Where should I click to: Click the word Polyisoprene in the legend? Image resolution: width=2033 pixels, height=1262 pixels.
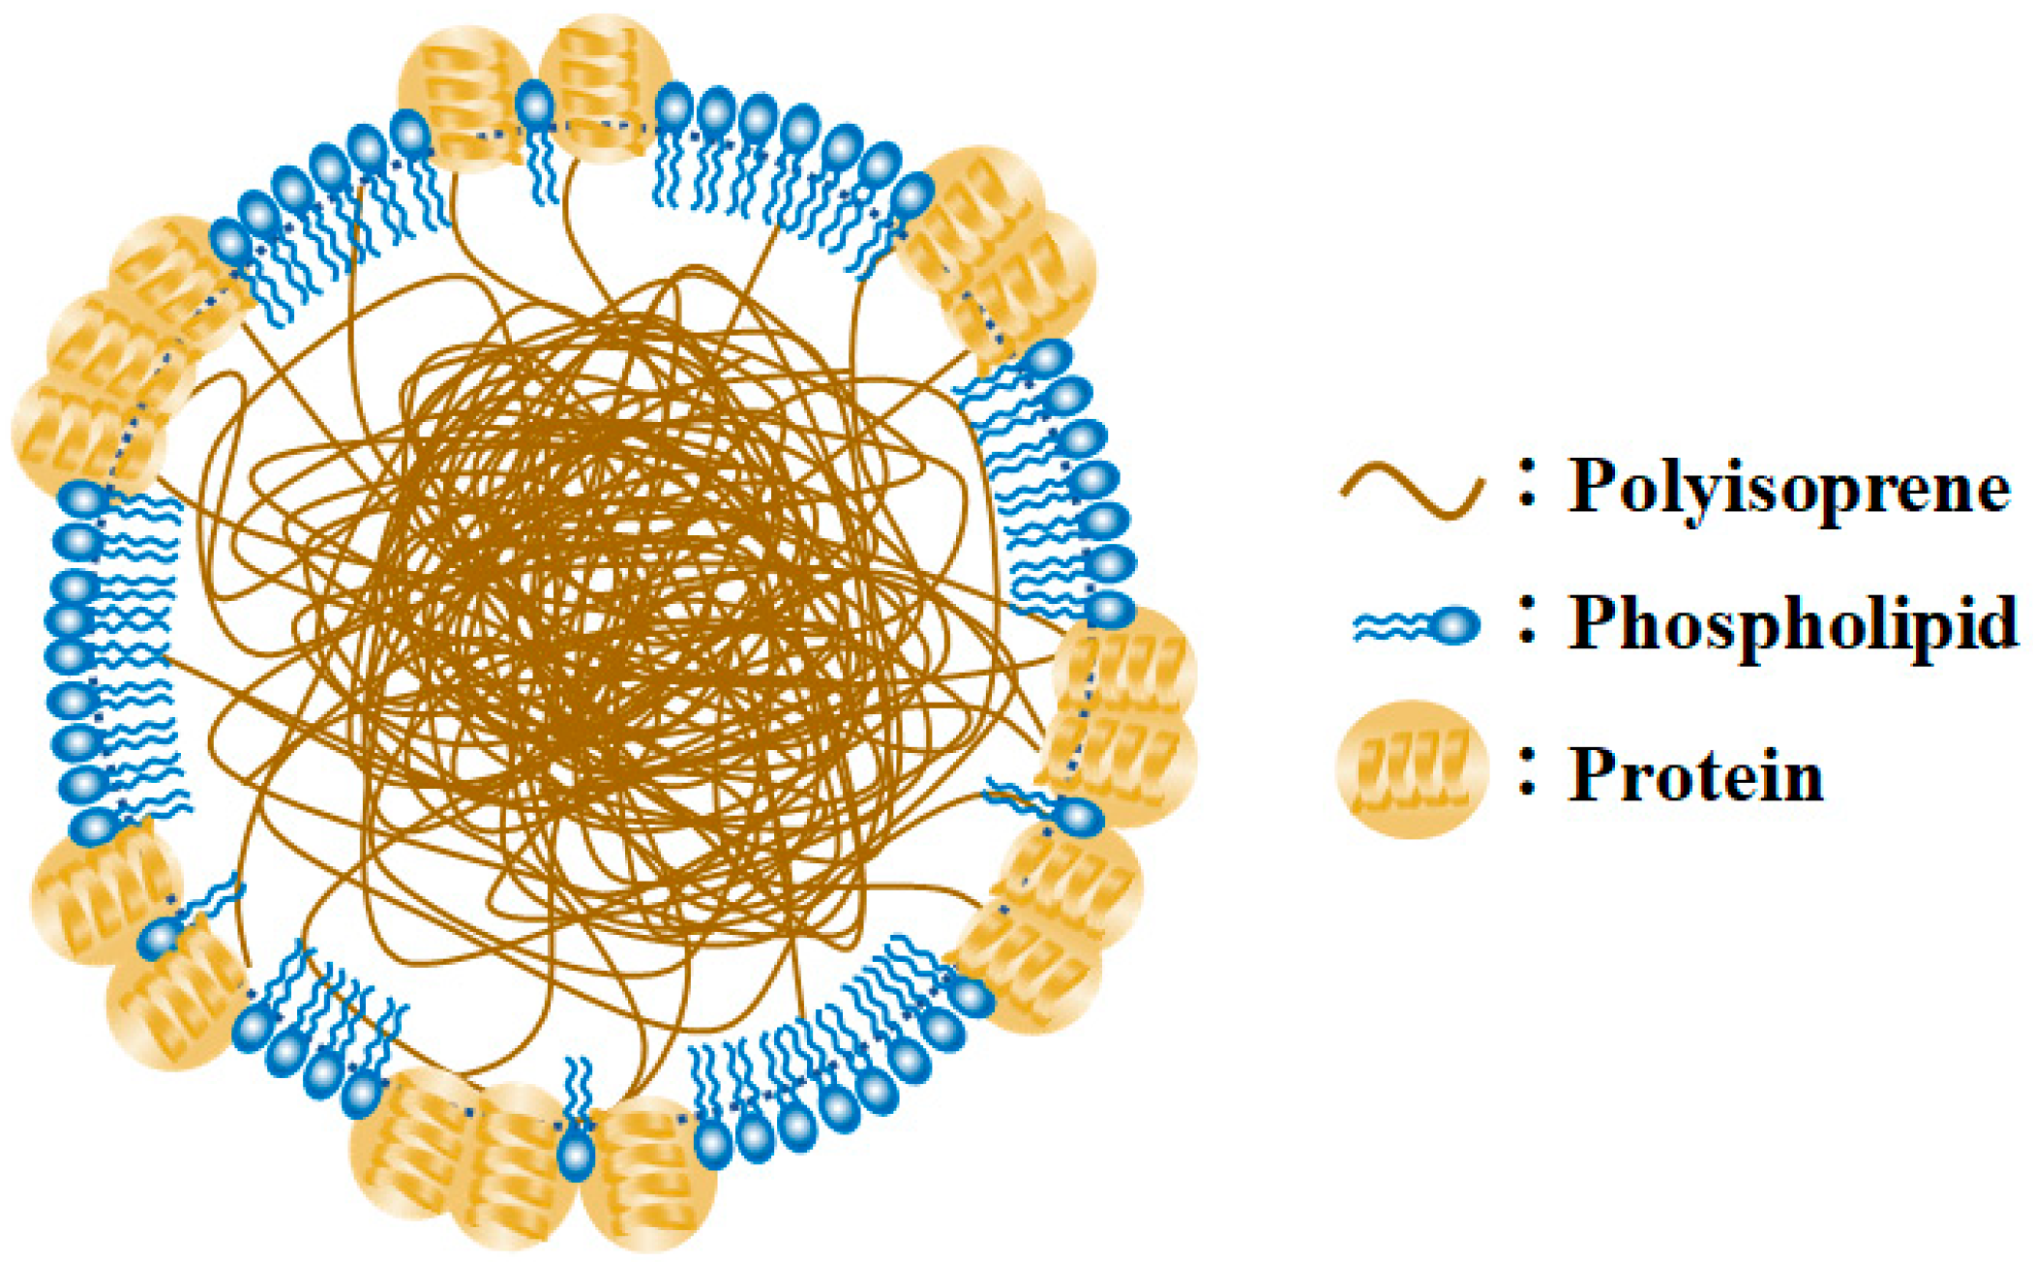pos(1788,487)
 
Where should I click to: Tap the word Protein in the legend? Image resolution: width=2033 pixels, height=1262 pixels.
pos(1695,775)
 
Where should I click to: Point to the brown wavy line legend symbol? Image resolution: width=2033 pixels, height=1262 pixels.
pos(1412,492)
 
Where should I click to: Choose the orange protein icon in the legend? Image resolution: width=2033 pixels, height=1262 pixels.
pos(1411,769)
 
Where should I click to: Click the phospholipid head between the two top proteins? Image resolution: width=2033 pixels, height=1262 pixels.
pos(535,105)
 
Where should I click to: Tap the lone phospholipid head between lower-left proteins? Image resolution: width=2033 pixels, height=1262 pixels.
pos(160,938)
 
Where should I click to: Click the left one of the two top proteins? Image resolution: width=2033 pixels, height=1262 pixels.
pos(463,97)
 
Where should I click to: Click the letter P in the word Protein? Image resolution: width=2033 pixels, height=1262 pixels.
pos(1593,774)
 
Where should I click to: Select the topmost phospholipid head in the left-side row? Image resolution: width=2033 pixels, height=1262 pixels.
pos(84,499)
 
